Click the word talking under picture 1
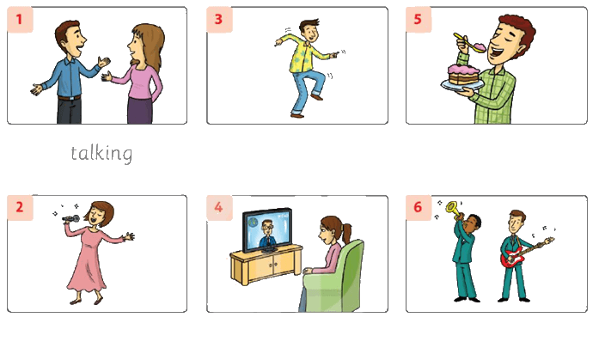(101, 154)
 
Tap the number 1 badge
(20, 19)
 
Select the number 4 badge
(219, 207)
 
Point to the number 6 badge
(419, 207)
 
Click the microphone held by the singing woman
(70, 219)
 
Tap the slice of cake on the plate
(464, 75)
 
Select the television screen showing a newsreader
(267, 230)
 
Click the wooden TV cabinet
(266, 265)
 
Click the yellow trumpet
(454, 210)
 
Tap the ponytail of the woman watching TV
(346, 233)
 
